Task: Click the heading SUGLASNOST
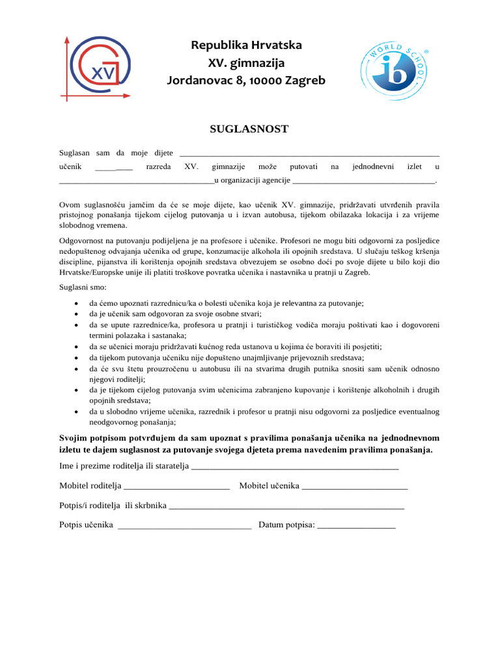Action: click(249, 129)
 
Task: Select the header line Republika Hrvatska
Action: click(246, 46)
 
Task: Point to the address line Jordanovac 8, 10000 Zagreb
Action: click(246, 81)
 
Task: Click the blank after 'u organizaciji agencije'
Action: click(363, 181)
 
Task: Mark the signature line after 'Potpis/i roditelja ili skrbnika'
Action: click(286, 507)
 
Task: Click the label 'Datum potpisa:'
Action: click(286, 524)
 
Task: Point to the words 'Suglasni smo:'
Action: click(84, 287)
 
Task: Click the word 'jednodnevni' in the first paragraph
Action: click(372, 167)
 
